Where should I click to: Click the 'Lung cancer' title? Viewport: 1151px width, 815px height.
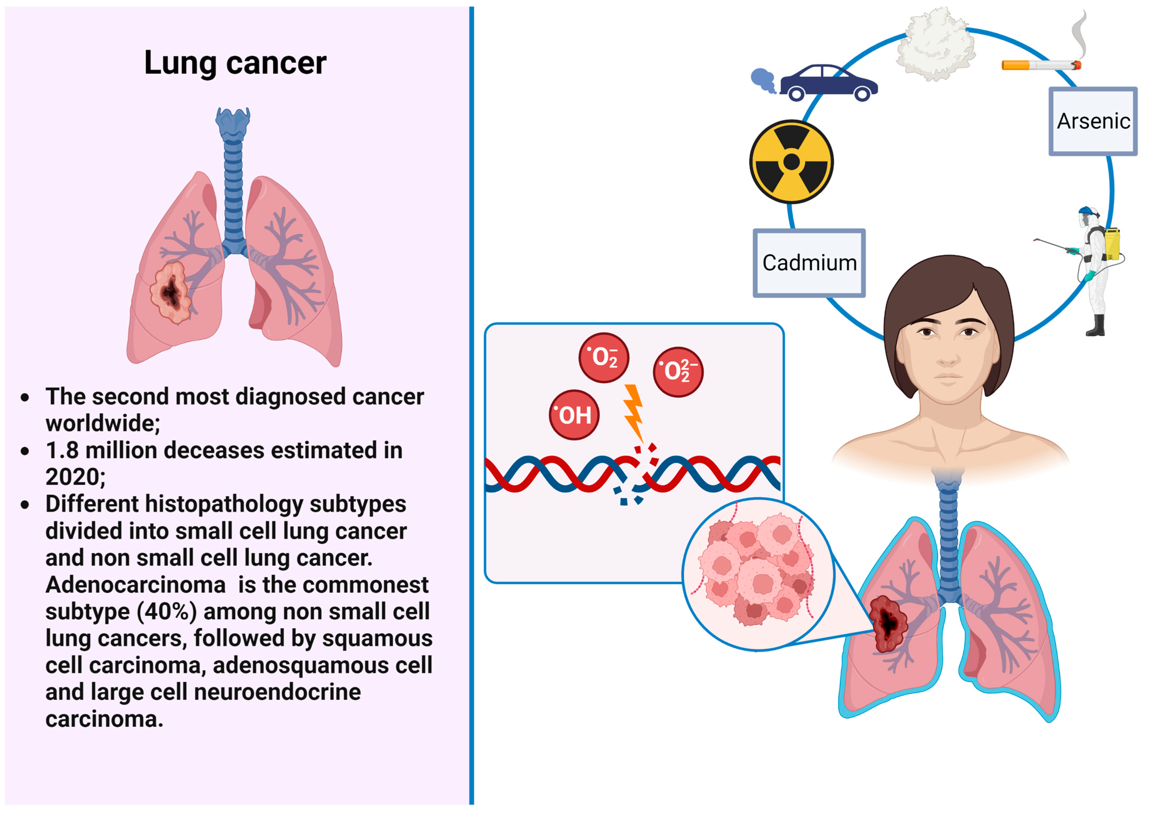point(235,63)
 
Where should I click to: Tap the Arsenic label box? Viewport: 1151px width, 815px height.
point(1093,121)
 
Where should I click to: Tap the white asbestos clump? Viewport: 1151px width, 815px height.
point(935,45)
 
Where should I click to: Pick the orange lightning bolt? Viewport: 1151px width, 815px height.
point(634,411)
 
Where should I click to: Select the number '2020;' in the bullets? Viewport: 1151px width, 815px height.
point(75,477)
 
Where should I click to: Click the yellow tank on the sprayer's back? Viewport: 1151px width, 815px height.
point(1112,243)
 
